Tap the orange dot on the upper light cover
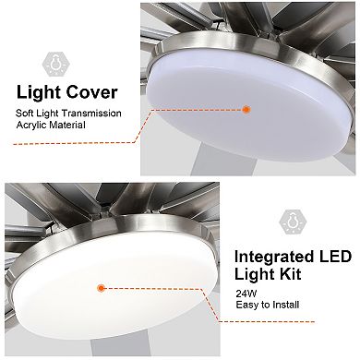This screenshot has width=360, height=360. point(246,109)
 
